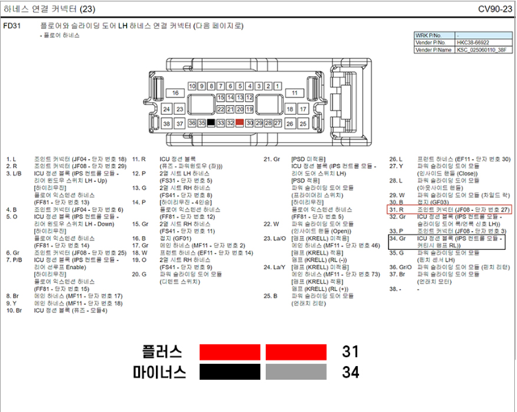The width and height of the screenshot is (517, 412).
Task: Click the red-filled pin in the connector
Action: point(240,123)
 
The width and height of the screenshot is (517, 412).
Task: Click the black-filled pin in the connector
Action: point(211,123)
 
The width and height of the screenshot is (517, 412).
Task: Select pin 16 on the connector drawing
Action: point(176,93)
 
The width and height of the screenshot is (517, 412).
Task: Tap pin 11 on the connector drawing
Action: point(294,93)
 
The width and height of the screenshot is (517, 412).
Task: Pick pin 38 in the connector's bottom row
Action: point(166,124)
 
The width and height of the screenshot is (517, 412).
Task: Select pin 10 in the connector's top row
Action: point(192,87)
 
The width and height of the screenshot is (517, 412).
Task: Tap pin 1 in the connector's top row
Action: point(278,87)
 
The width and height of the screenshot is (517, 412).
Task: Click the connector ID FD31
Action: point(12,26)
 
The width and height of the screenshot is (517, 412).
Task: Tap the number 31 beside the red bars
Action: point(350,352)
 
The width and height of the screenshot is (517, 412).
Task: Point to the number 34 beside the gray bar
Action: point(350,372)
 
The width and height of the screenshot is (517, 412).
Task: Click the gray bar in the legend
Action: point(296,372)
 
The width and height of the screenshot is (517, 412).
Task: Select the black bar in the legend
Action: point(230,372)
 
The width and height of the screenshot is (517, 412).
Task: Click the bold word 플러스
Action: point(162,352)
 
